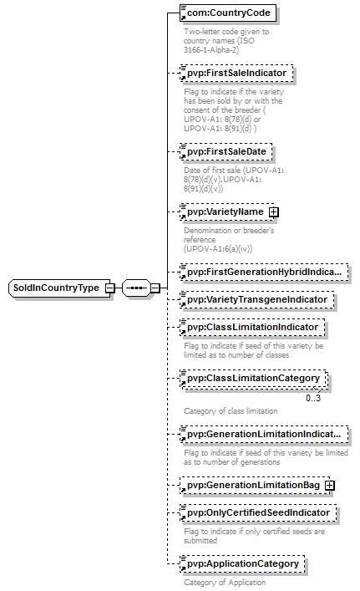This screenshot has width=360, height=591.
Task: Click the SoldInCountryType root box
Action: [60, 288]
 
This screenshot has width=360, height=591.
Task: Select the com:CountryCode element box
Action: [228, 13]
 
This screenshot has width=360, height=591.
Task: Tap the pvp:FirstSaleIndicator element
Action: [236, 73]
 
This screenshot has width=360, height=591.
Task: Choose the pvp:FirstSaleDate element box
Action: [226, 152]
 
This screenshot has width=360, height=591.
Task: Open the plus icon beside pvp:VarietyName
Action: [274, 212]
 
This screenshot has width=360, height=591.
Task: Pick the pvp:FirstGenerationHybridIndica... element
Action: [264, 273]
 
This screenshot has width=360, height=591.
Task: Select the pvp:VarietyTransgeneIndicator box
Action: [256, 300]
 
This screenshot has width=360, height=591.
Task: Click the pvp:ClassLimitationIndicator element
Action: [252, 328]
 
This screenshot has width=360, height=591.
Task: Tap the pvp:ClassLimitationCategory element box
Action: [253, 379]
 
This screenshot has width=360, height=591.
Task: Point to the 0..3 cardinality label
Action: [313, 398]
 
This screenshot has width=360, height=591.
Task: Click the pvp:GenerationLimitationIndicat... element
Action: [264, 435]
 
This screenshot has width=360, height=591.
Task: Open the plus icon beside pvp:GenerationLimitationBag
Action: [329, 486]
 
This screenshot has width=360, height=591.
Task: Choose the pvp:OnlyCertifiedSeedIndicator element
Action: [258, 513]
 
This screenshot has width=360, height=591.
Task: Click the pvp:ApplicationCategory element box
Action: [242, 564]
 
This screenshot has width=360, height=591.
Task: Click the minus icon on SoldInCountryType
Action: [109, 288]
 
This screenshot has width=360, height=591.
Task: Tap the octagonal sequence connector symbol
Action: [136, 288]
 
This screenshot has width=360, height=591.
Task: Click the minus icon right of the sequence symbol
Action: [155, 288]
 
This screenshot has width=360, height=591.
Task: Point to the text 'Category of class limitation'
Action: [231, 411]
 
